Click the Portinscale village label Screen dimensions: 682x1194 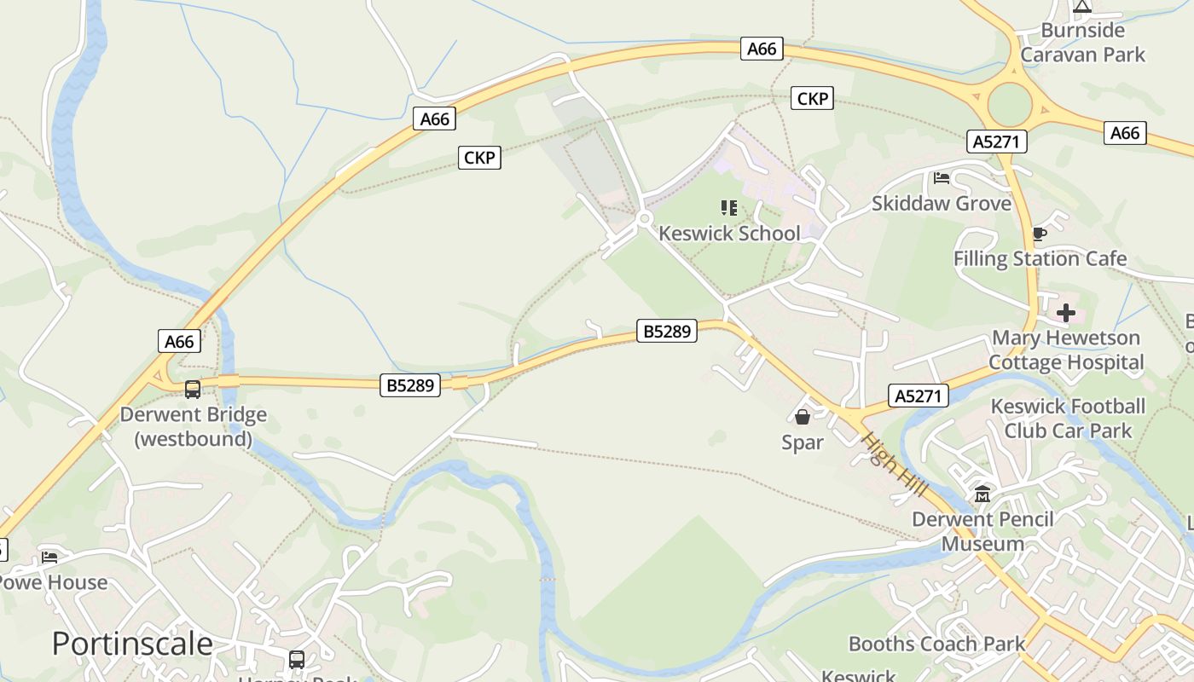[x=132, y=643]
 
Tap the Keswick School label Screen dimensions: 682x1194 [x=730, y=233]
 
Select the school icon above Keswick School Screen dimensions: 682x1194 [x=729, y=207]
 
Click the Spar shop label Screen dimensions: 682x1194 [x=803, y=442]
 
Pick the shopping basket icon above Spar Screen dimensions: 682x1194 [x=803, y=417]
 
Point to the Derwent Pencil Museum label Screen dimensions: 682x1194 [x=982, y=531]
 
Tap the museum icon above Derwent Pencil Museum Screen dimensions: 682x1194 [x=982, y=494]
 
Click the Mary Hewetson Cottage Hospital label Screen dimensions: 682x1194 [x=1066, y=350]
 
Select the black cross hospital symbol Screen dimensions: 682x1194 [x=1066, y=313]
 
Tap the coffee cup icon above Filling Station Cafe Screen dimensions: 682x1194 [x=1039, y=234]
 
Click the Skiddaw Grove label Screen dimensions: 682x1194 [x=942, y=204]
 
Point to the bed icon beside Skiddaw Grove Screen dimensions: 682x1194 [x=942, y=178]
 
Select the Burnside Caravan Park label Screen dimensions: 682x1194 [x=1083, y=43]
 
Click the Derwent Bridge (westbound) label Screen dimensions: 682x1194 [x=194, y=426]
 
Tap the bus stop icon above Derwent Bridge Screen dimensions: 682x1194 [x=193, y=390]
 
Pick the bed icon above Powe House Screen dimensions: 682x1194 [x=49, y=558]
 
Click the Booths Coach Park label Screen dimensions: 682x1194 [x=936, y=644]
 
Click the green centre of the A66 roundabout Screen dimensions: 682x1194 [x=1011, y=105]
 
